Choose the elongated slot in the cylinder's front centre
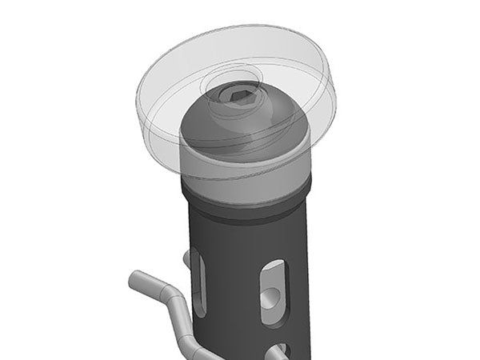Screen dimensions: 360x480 click(272, 292)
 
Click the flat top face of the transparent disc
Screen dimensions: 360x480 click(288, 64)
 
